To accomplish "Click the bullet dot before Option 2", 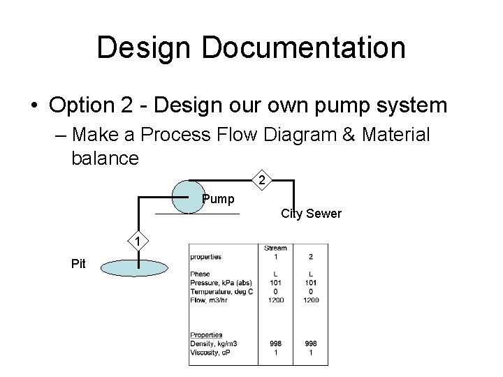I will click(x=34, y=106).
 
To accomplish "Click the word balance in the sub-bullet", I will click(x=105, y=157).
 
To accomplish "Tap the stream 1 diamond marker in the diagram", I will click(x=138, y=242).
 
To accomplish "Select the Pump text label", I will click(x=218, y=200).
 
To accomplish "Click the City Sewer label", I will click(x=312, y=214).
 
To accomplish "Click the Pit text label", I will click(x=79, y=263).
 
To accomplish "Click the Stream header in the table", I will click(x=275, y=248).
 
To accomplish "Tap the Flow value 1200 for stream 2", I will click(x=311, y=300).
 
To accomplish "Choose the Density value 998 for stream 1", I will click(x=275, y=343).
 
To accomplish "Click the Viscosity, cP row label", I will click(x=210, y=352).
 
